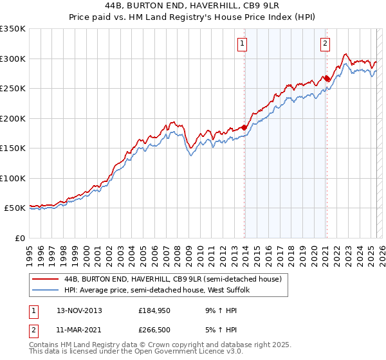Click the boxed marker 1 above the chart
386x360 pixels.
click(x=242, y=44)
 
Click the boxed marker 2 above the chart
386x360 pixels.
click(x=325, y=44)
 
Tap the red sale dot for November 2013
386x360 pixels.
click(x=244, y=127)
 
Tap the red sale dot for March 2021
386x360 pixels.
click(x=327, y=78)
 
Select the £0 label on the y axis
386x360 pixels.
click(x=20, y=238)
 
